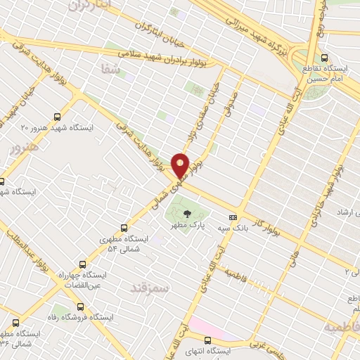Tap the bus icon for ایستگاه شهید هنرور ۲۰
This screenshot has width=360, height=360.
57,117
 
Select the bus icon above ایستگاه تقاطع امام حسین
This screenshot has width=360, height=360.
324,58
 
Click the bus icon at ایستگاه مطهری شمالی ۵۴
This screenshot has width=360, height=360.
124,228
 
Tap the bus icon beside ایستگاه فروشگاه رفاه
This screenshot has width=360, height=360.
79,307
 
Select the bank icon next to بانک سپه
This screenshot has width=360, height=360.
233,217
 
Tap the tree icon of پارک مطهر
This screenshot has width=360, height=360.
187,214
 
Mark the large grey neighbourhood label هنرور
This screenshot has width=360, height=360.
22,149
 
